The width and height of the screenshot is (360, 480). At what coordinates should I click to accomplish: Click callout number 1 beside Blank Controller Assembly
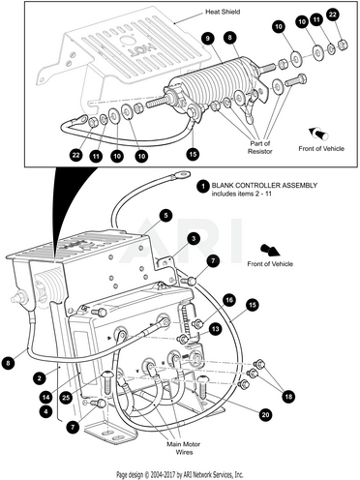point(203,187)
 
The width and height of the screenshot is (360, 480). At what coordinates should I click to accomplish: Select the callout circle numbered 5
point(165,216)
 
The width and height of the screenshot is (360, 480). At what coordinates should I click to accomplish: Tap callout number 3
point(194,239)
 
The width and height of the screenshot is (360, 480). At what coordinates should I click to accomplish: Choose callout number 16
point(229,301)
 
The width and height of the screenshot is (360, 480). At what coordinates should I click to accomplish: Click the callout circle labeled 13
point(215,329)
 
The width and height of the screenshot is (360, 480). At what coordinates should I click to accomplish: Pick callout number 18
point(288,397)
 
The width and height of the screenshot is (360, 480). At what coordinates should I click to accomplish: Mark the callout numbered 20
point(265,414)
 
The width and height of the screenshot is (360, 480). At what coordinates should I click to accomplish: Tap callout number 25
point(66,398)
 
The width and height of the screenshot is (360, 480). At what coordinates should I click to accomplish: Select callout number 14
point(46,397)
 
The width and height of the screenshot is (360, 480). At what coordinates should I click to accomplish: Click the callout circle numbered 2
point(40,378)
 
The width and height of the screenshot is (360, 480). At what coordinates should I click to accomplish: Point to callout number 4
point(46,411)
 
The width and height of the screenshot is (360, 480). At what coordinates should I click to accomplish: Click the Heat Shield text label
point(223,12)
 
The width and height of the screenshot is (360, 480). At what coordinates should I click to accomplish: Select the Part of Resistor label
point(260,147)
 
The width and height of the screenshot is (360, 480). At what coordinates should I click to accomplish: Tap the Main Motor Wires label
point(184,448)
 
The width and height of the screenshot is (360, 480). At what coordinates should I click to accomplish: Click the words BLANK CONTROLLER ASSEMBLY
point(264,186)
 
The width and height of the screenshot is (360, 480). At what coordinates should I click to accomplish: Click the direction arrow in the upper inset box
point(318,133)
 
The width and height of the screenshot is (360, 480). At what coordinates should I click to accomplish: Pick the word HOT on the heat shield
point(143,49)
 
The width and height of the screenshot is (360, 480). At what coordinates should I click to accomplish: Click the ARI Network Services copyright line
point(180,475)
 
